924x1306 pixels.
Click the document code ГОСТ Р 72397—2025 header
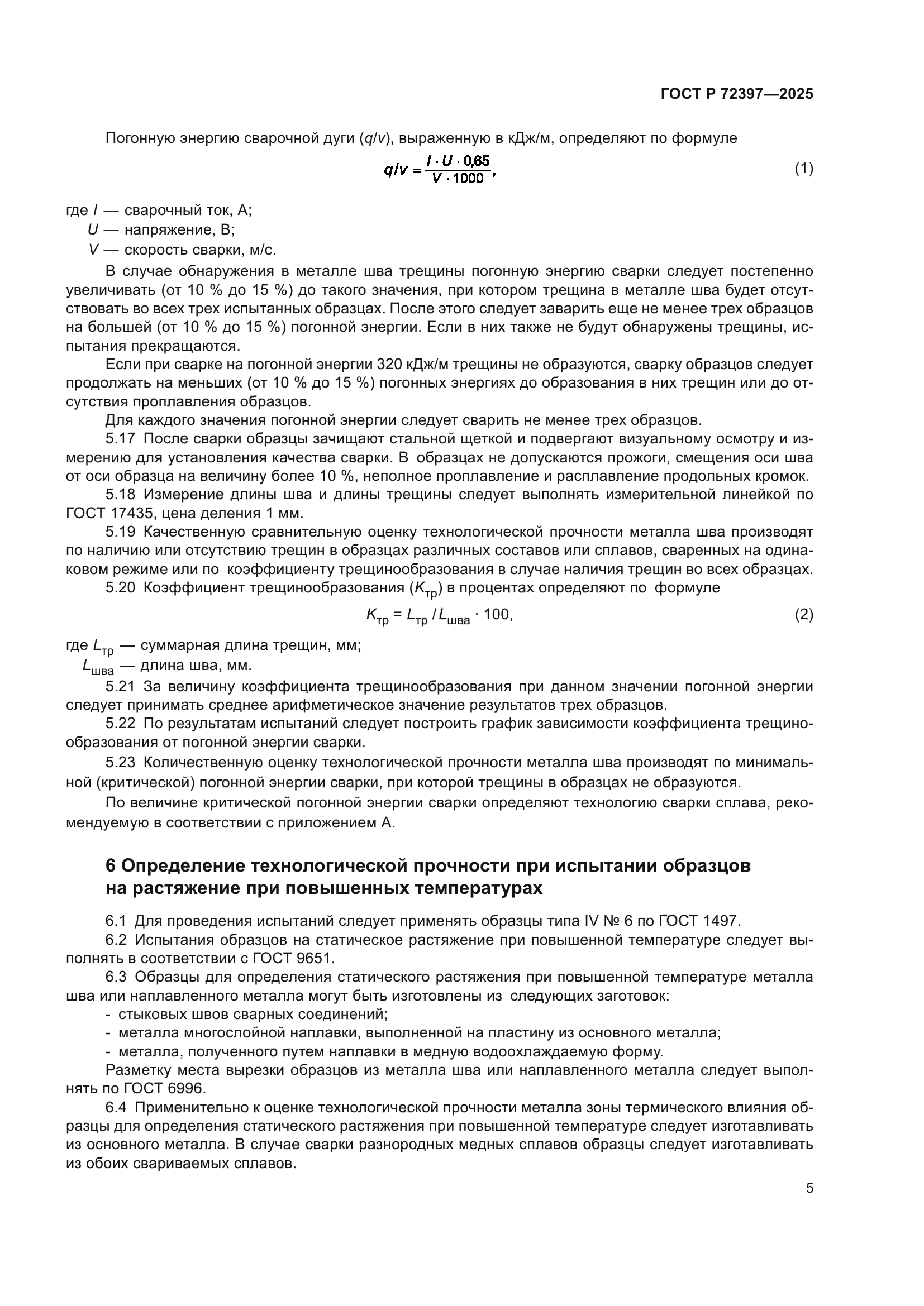click(x=737, y=94)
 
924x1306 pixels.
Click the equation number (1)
click(x=803, y=169)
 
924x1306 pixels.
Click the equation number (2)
click(x=803, y=615)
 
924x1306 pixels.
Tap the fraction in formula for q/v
click(x=458, y=169)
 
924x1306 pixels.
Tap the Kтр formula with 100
click(x=439, y=615)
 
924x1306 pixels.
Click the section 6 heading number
click(x=111, y=866)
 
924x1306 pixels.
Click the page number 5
click(x=809, y=1188)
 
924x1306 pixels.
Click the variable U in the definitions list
click(x=93, y=230)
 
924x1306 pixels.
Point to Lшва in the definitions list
click(x=98, y=666)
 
